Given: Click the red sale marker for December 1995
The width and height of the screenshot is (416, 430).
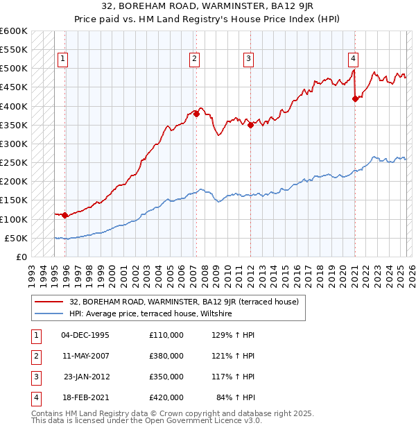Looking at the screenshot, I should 64,215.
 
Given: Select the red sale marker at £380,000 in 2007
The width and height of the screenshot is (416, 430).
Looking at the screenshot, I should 196,114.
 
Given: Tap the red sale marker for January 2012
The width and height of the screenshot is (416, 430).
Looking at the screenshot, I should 250,125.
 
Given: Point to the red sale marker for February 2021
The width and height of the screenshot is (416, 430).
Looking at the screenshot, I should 355,98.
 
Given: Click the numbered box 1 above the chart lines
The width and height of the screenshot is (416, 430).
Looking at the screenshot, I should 62,59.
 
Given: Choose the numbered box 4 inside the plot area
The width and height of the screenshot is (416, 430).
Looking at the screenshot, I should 353,59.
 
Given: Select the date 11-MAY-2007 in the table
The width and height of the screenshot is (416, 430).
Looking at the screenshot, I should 85,356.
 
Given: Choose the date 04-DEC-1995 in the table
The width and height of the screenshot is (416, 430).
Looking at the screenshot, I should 85,335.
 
